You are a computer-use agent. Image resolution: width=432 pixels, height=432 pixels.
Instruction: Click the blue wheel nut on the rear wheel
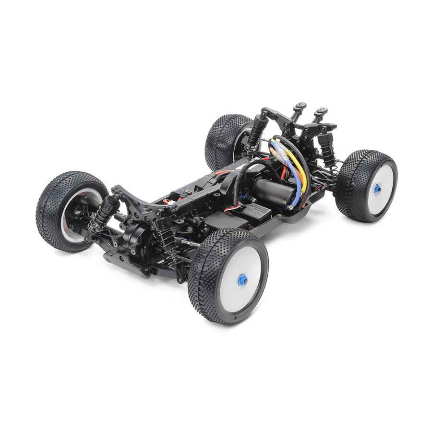[377, 188]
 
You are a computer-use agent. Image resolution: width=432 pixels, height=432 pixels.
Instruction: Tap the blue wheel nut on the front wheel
[243, 278]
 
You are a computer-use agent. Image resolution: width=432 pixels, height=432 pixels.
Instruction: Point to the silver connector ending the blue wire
[291, 207]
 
